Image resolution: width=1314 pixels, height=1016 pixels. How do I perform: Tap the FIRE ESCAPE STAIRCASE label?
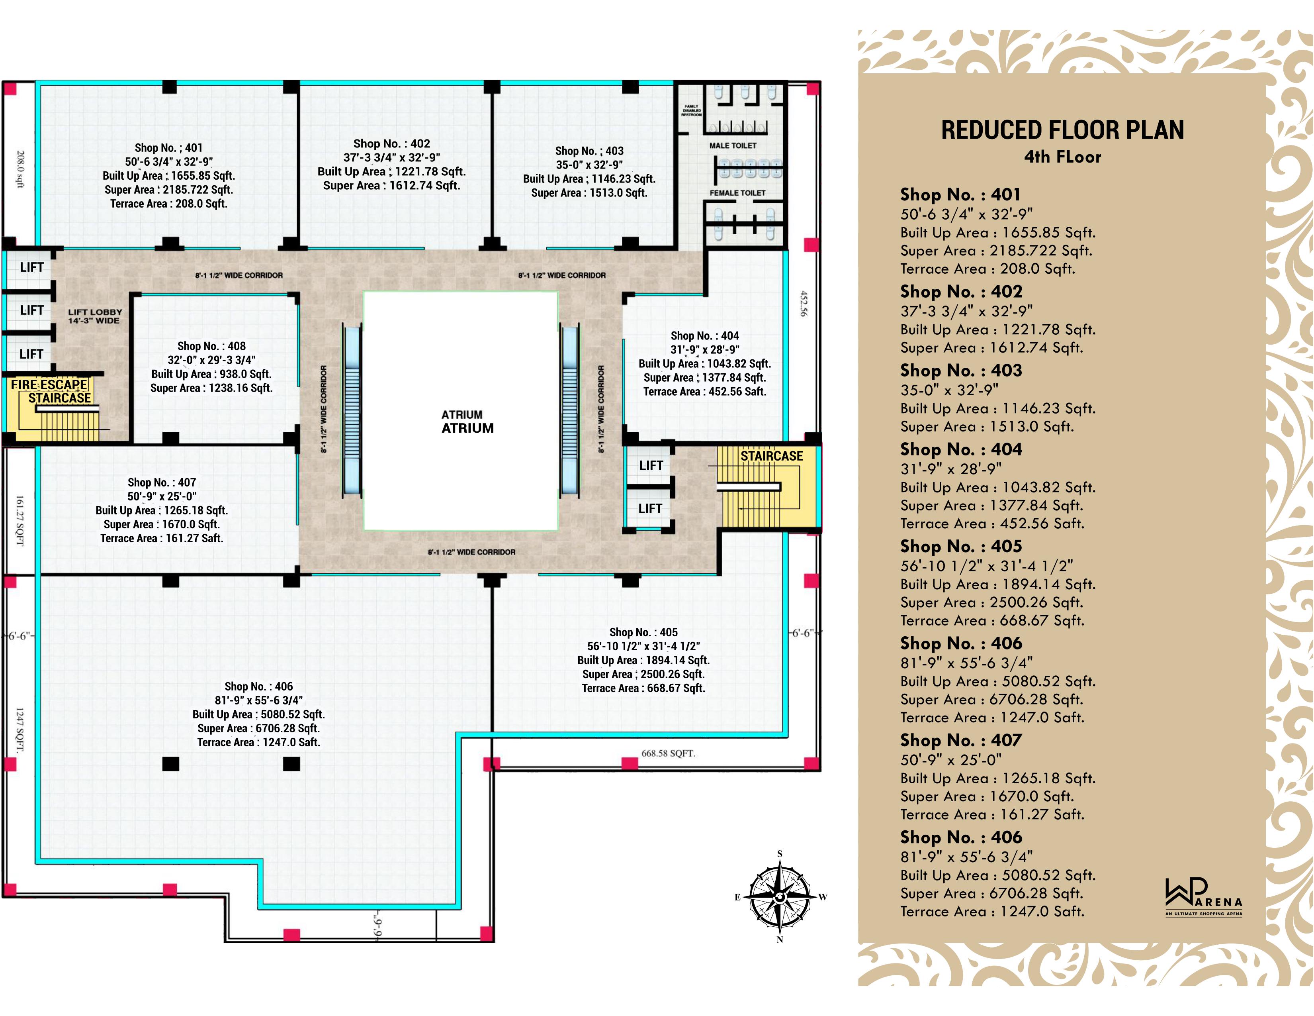[51, 391]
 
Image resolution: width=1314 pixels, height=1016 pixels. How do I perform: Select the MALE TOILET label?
[733, 146]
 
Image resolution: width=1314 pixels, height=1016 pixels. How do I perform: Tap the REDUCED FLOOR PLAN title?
[1062, 130]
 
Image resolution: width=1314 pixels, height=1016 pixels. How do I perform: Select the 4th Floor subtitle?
[1062, 157]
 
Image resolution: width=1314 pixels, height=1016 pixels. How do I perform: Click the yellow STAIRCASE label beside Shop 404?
[771, 456]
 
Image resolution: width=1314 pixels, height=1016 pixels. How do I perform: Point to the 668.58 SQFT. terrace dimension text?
[668, 753]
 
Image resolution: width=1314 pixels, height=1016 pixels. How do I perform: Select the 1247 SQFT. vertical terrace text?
[20, 730]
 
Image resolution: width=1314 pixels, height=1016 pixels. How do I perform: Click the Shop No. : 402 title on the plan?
[392, 144]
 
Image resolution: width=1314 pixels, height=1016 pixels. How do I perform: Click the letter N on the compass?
[780, 940]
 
